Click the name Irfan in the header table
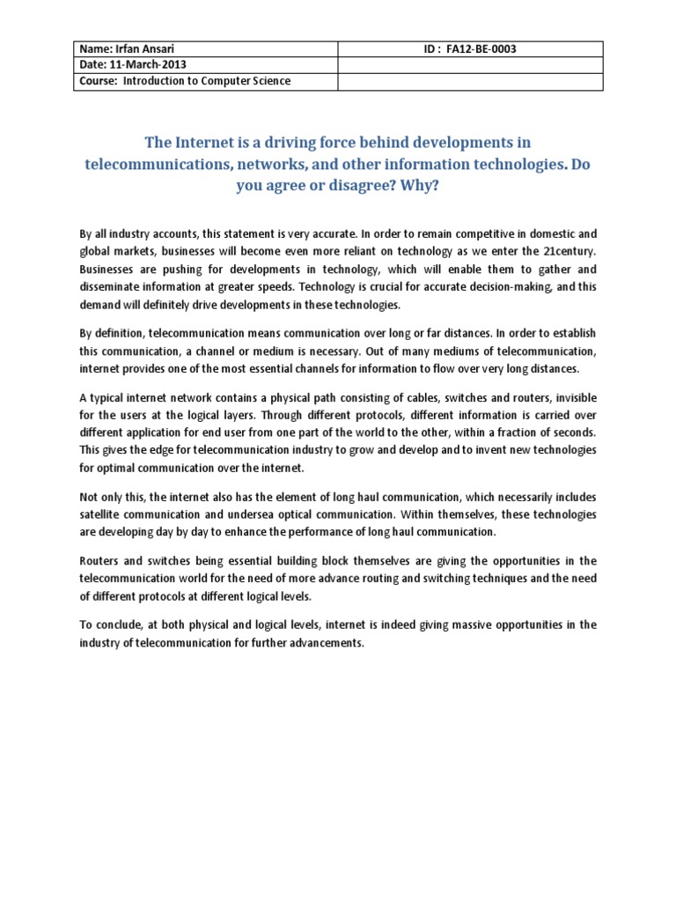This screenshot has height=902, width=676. point(129,49)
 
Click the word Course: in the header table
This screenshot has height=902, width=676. point(99,81)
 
